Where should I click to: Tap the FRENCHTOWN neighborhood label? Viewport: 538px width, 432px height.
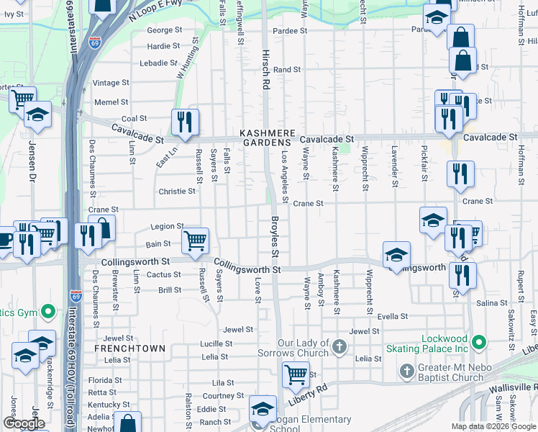click(129, 348)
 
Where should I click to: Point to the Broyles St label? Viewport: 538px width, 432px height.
click(274, 237)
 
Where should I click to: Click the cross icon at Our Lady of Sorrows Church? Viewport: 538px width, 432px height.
click(340, 348)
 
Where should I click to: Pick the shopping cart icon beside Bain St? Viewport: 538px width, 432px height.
click(196, 241)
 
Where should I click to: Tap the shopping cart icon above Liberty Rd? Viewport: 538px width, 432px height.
click(296, 374)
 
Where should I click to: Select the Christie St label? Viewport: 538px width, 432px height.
click(176, 192)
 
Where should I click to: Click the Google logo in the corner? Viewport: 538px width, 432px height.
click(24, 423)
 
